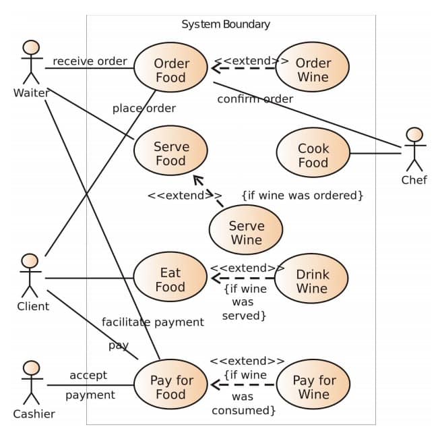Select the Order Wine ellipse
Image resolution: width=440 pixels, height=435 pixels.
click(313, 69)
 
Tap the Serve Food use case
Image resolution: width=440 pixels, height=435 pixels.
click(171, 154)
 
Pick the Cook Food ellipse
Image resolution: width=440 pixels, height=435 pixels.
click(313, 155)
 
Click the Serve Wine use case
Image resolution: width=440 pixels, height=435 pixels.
click(246, 233)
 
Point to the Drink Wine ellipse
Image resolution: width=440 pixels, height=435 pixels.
click(312, 281)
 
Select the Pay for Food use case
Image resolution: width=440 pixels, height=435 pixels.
click(171, 387)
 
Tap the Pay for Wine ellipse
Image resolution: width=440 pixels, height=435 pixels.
click(313, 387)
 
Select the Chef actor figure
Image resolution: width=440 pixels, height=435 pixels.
click(414, 150)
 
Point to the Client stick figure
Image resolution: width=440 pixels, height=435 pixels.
click(30, 276)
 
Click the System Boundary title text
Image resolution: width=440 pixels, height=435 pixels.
click(226, 24)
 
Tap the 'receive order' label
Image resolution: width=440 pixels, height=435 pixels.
click(90, 61)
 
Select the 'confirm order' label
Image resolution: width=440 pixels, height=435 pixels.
click(255, 99)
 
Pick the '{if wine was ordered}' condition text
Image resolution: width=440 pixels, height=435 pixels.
click(303, 196)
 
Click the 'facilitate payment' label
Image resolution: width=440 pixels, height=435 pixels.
click(152, 322)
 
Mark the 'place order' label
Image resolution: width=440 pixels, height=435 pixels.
click(144, 108)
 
